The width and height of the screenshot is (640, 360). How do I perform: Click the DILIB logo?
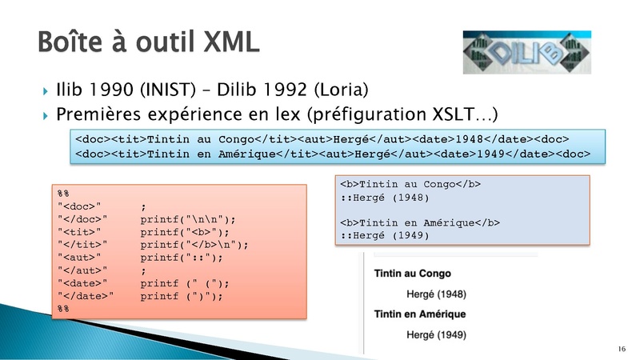pyautogui.click(x=526, y=52)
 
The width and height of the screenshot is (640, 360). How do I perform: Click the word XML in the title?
pyautogui.click(x=231, y=42)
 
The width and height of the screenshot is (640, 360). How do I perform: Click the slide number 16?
pyautogui.click(x=622, y=349)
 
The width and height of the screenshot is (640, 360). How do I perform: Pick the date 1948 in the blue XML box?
pyautogui.click(x=469, y=139)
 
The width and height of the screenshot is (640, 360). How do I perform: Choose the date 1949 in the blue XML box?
pyautogui.click(x=490, y=154)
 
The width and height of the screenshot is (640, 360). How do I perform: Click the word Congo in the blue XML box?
pyautogui.click(x=236, y=139)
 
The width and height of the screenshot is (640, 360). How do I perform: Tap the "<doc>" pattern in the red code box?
pyautogui.click(x=79, y=206)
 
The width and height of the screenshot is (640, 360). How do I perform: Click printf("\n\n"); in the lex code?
pyautogui.click(x=188, y=219)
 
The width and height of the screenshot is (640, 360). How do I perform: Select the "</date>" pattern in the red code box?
pyautogui.click(x=86, y=296)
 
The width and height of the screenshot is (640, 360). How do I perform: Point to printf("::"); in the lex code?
pyautogui.click(x=182, y=258)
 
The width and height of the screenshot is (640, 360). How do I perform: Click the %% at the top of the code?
pyautogui.click(x=63, y=194)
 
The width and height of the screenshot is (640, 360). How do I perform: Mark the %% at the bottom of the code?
pyautogui.click(x=63, y=309)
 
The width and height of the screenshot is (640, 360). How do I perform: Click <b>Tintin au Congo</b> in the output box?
pyautogui.click(x=410, y=184)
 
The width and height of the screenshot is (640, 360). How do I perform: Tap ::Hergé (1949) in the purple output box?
pyautogui.click(x=385, y=235)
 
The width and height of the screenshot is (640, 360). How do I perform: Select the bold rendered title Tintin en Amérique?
pyautogui.click(x=420, y=314)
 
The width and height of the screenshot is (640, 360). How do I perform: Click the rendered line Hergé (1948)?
pyautogui.click(x=436, y=294)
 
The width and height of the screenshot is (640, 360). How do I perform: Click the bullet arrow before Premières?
pyautogui.click(x=45, y=116)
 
